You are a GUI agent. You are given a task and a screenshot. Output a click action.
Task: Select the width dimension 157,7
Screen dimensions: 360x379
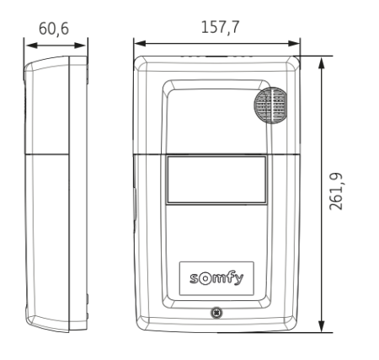click(219, 27)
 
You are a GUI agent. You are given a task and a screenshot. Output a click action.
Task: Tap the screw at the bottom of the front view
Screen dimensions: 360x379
click(217, 314)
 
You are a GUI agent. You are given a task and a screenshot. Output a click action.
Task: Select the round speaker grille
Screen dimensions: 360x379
click(271, 105)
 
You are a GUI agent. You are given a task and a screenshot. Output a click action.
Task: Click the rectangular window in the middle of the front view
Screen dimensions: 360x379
click(217, 180)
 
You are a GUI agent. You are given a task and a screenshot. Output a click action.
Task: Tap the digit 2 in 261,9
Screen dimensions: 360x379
click(339, 207)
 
